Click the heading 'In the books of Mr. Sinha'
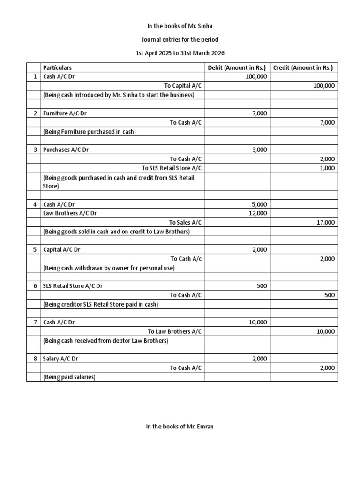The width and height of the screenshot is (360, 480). click(x=180, y=26)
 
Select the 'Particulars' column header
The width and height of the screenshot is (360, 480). click(x=57, y=68)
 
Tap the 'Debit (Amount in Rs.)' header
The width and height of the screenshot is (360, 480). click(x=237, y=68)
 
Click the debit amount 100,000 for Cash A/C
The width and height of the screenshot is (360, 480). click(x=256, y=77)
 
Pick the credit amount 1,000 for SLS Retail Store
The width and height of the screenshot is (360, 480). click(x=327, y=168)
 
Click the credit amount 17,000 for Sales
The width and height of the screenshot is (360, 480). click(x=326, y=223)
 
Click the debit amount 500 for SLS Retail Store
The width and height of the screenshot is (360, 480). click(x=262, y=286)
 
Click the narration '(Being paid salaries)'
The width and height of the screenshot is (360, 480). click(x=69, y=377)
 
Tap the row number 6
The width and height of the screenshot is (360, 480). click(x=35, y=286)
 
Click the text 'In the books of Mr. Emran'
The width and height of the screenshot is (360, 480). click(x=180, y=427)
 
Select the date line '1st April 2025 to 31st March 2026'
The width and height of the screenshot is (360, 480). click(x=180, y=53)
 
